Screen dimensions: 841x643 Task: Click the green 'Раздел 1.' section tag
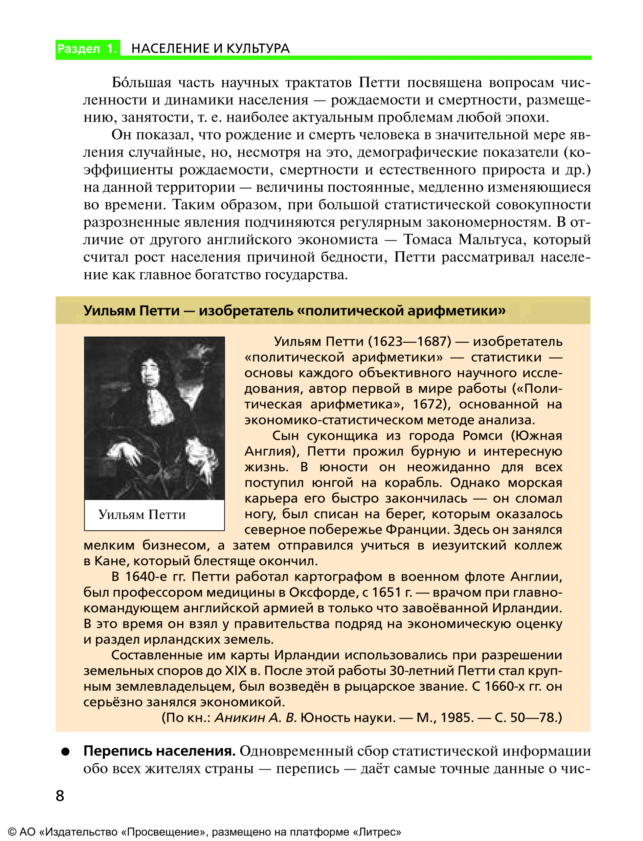coord(87,49)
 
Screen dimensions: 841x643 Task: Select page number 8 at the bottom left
coord(60,796)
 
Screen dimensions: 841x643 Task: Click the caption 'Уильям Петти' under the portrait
coord(142,515)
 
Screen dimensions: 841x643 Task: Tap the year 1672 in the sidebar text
coord(427,404)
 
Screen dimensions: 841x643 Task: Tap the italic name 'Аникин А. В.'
coord(256,718)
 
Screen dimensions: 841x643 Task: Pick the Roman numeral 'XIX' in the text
coord(236,671)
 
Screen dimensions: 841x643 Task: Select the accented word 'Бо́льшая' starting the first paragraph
coord(141,83)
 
